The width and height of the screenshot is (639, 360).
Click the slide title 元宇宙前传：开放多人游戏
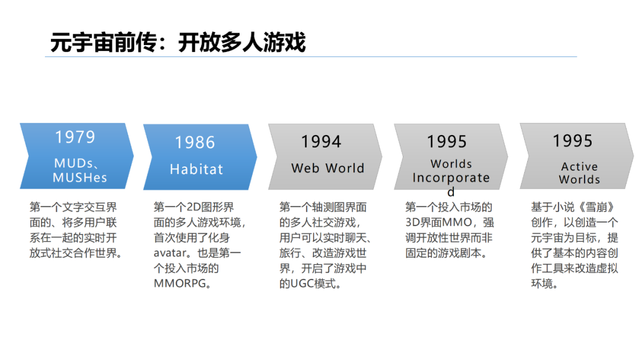[x=178, y=43]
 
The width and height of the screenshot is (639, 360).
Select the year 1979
[x=75, y=137]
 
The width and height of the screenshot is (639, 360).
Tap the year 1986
[x=195, y=143]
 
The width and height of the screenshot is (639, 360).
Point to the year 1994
[x=321, y=142]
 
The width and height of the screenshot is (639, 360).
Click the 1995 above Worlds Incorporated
[x=447, y=142]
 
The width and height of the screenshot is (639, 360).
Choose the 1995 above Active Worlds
[x=573, y=141]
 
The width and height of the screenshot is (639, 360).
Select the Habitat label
[x=196, y=169]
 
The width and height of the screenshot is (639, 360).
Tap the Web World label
[x=328, y=168]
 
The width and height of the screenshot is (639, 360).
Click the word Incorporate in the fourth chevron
[x=451, y=178]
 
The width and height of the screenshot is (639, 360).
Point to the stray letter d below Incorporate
[x=451, y=192]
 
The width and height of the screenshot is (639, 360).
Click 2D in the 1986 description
[x=195, y=207]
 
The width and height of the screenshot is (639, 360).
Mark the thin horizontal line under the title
[x=311, y=57]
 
